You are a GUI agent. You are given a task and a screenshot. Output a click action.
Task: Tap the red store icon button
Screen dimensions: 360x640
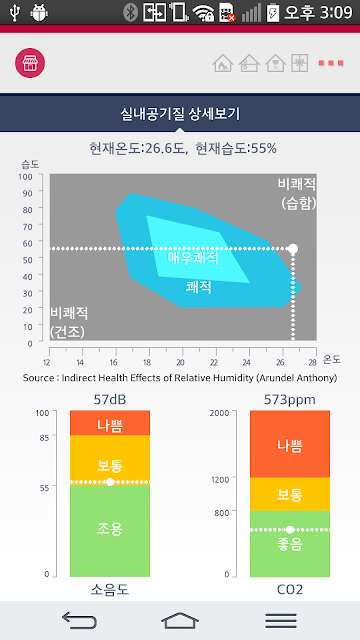click(30, 63)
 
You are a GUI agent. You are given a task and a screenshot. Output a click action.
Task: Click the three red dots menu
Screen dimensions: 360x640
click(331, 63)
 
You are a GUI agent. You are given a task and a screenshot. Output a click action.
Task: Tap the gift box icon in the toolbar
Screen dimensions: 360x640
click(300, 63)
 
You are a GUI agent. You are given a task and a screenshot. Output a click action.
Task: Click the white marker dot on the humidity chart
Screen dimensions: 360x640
click(293, 248)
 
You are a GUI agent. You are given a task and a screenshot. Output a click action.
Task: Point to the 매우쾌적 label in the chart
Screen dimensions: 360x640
click(193, 258)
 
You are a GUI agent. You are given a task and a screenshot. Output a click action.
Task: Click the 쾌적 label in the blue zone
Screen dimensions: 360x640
click(199, 287)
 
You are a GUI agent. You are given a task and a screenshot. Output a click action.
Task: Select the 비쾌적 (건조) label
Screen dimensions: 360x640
click(69, 322)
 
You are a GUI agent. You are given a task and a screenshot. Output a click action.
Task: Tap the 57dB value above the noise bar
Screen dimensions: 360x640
click(110, 400)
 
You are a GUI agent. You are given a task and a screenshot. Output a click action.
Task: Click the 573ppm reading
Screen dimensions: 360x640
click(289, 400)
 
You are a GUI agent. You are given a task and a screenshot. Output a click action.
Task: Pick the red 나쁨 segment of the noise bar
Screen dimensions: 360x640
click(110, 423)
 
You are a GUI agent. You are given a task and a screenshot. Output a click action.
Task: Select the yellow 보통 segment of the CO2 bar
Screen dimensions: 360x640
click(290, 494)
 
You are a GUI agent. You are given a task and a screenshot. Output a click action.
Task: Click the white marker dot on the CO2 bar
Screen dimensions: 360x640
click(290, 529)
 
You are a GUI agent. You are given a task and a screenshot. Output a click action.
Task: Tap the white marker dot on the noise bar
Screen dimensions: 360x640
click(110, 482)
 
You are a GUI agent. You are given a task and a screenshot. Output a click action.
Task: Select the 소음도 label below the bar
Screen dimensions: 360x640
click(110, 589)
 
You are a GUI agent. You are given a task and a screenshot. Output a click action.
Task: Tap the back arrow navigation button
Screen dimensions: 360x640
click(79, 620)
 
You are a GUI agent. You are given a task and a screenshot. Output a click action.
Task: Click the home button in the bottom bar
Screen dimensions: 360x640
click(180, 620)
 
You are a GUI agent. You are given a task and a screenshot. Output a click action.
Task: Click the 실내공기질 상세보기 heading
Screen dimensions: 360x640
click(180, 114)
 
